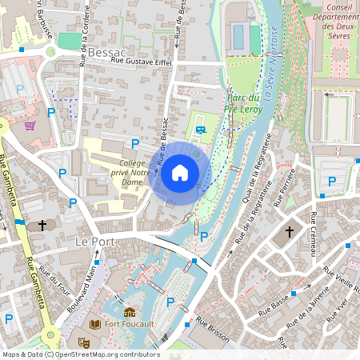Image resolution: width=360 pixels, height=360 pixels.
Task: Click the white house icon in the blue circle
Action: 180,172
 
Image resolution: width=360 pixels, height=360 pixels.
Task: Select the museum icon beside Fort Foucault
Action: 129,312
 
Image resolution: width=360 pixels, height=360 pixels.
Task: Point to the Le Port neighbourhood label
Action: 93,241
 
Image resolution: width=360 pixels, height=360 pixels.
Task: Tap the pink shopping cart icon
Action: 30,126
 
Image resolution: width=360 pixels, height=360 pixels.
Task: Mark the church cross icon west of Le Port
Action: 42,226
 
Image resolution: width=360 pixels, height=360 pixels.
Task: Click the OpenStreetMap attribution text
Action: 80,354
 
